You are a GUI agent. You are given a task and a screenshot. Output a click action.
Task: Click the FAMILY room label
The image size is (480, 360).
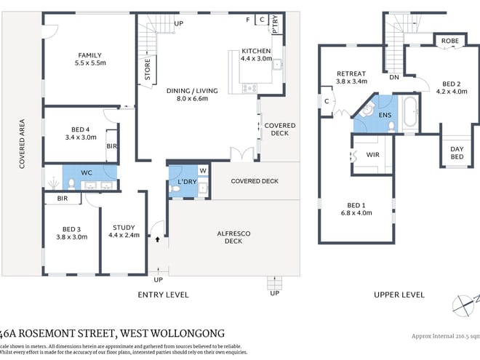[x=90, y=55]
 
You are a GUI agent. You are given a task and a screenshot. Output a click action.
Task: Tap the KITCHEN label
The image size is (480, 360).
[x=256, y=51]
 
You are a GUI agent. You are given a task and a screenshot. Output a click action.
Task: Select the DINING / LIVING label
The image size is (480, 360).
[x=192, y=90]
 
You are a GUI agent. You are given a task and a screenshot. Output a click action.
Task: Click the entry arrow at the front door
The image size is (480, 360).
[x=157, y=236]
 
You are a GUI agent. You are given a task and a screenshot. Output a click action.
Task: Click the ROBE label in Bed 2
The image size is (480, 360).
[x=449, y=41]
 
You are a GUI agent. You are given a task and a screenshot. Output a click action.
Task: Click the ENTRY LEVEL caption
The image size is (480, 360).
[x=163, y=295]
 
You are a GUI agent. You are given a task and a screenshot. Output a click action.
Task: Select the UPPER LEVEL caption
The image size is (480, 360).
[x=399, y=295]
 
